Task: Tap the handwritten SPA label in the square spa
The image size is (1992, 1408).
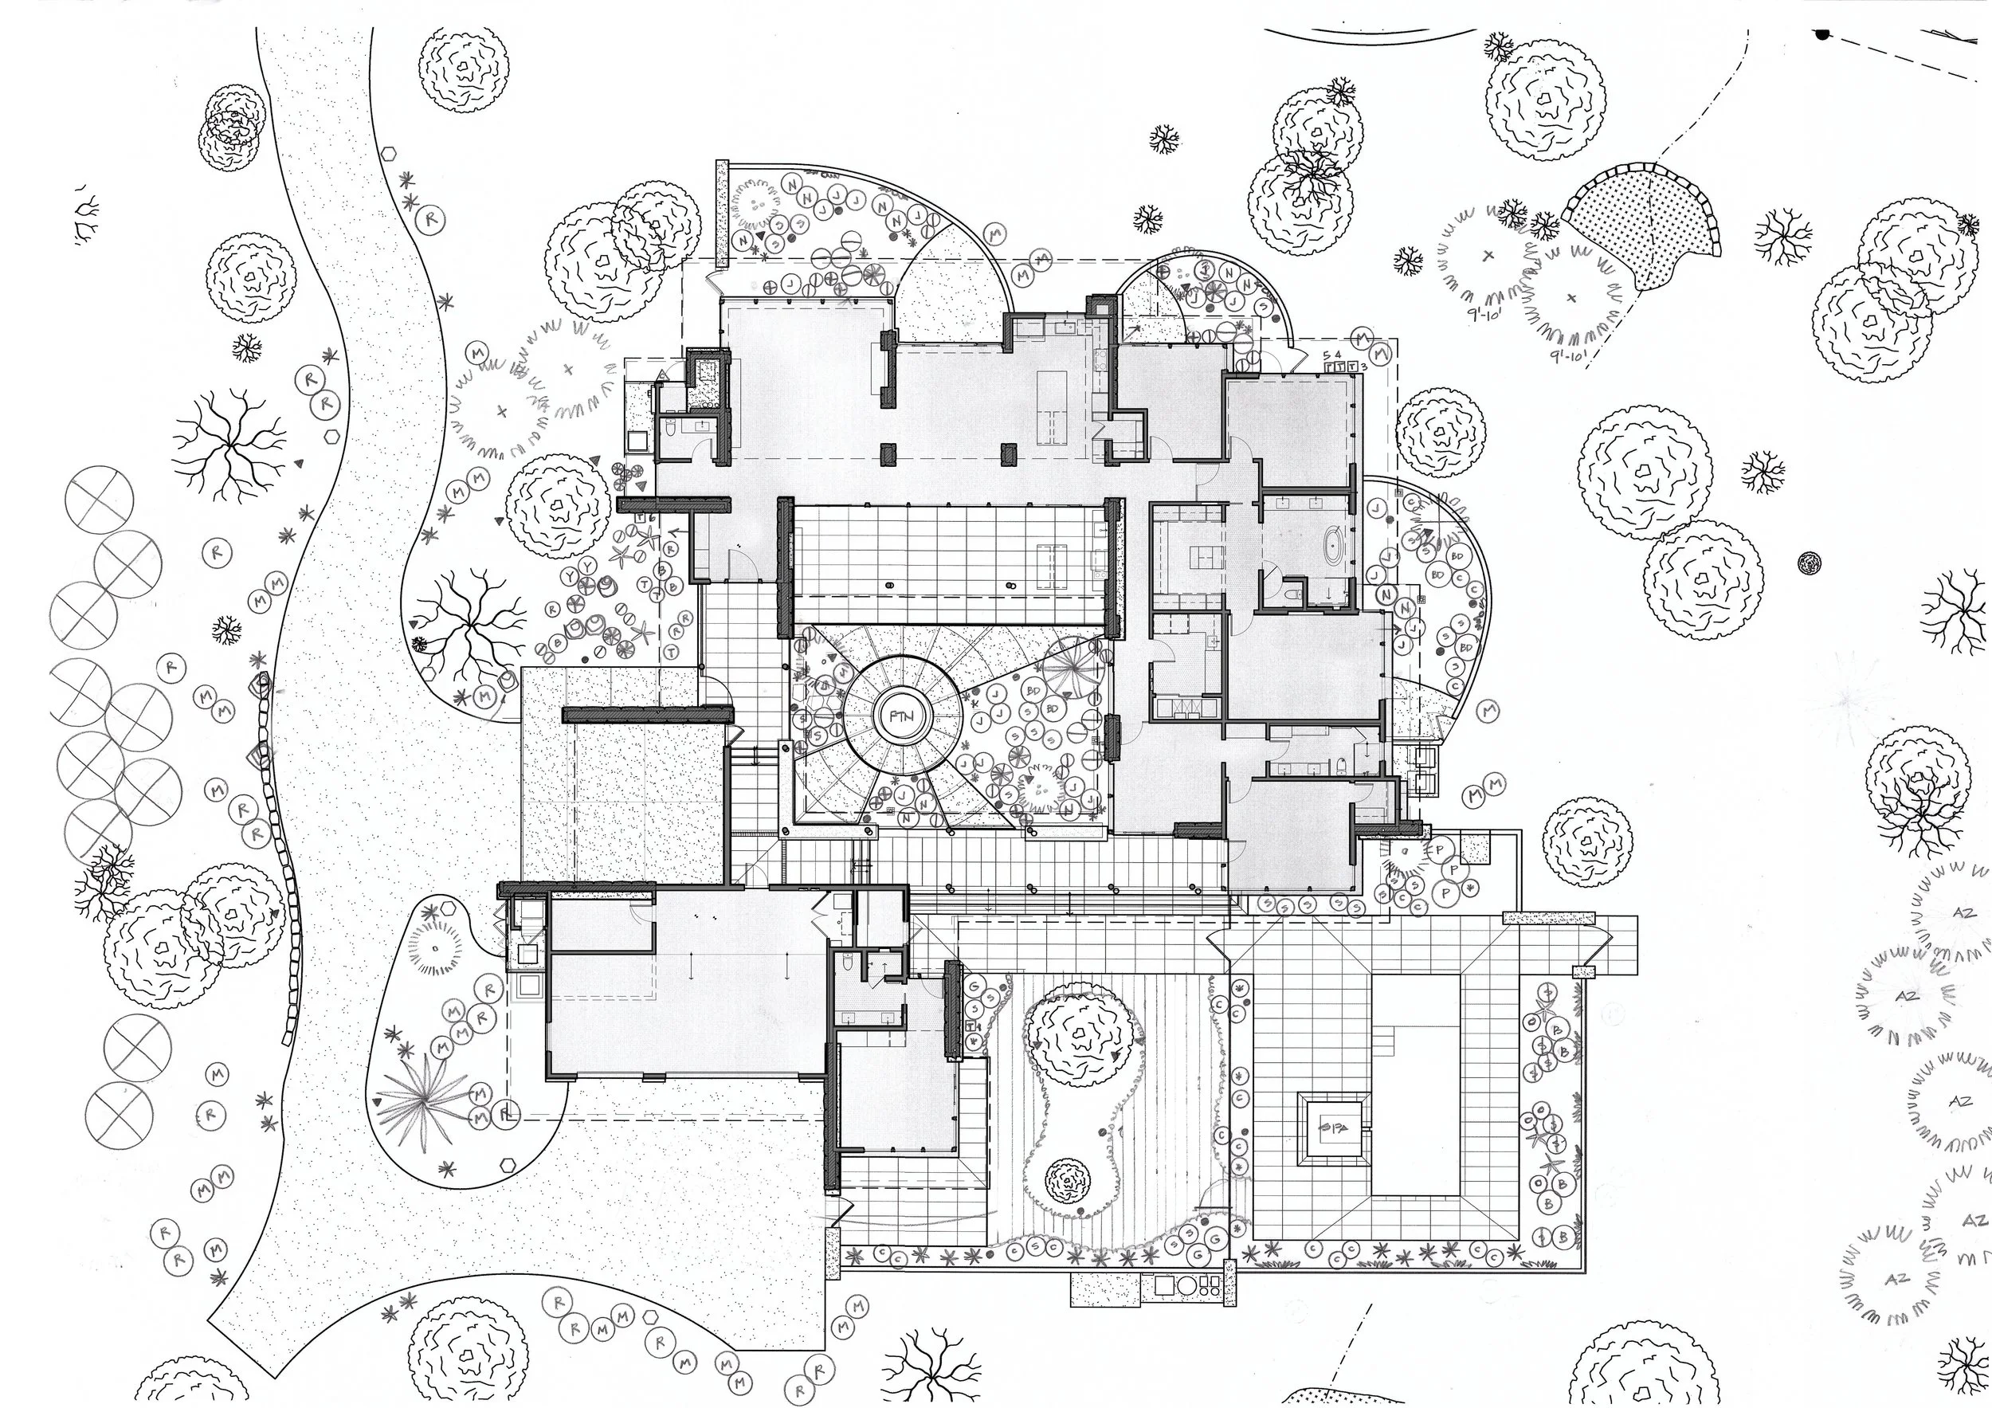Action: (1332, 1128)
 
